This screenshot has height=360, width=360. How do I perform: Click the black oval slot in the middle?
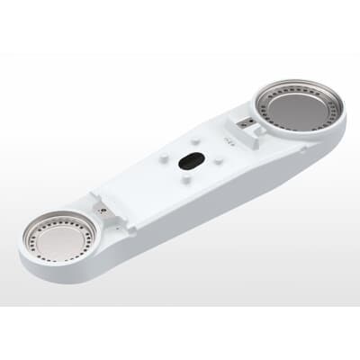pyautogui.click(x=189, y=160)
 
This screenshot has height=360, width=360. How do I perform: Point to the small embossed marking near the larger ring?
pyautogui.click(x=229, y=139)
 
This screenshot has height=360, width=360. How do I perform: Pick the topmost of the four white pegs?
pyautogui.click(x=198, y=139)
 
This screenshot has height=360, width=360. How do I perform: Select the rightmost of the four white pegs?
pyautogui.click(x=220, y=160)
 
